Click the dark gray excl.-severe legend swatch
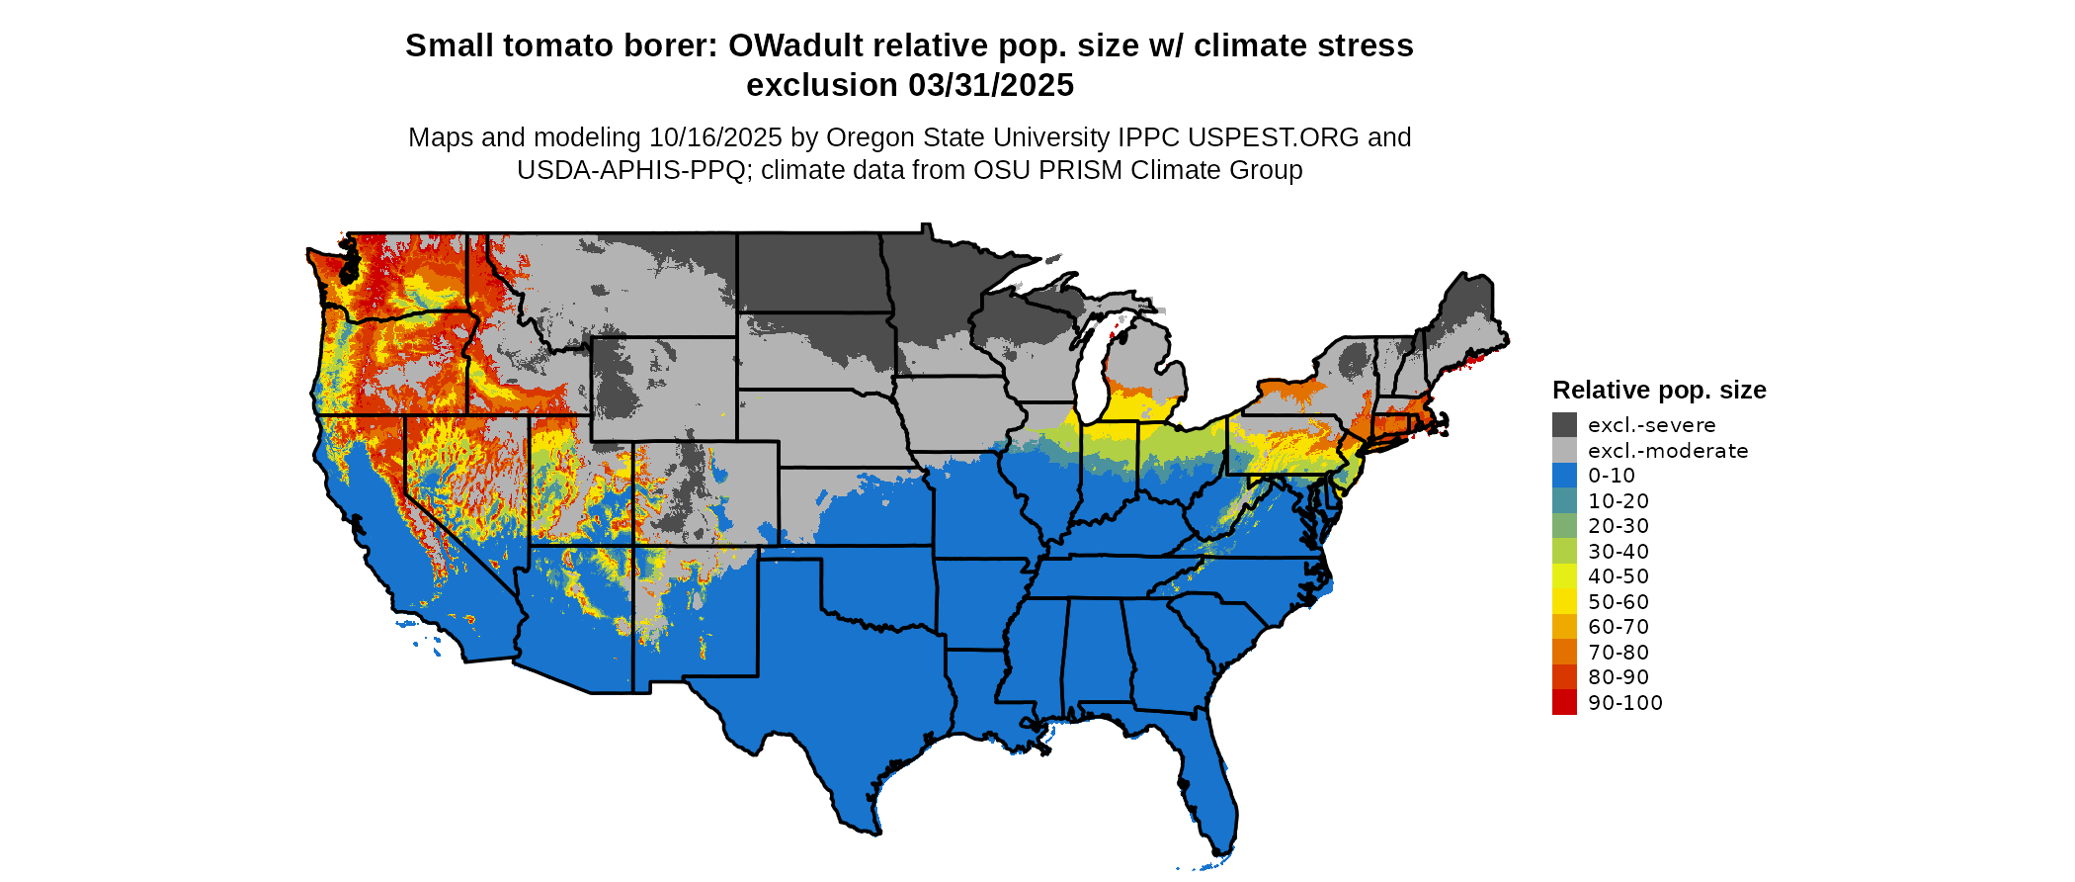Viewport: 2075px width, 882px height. point(1564,425)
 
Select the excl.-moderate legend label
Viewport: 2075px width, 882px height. point(1668,451)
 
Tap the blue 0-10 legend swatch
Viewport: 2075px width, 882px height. point(1564,476)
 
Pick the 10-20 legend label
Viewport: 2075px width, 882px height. point(1618,501)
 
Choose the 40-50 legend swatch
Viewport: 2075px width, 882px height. point(1564,576)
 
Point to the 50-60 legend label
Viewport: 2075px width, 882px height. point(1618,602)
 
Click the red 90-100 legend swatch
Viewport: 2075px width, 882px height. point(1564,702)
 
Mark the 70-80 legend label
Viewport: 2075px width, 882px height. point(1618,653)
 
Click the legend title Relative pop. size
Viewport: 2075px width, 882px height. point(1659,390)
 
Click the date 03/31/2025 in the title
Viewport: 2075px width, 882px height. point(991,85)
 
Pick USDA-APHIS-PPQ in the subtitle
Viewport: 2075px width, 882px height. point(631,170)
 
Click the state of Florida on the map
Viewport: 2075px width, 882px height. point(1210,791)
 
